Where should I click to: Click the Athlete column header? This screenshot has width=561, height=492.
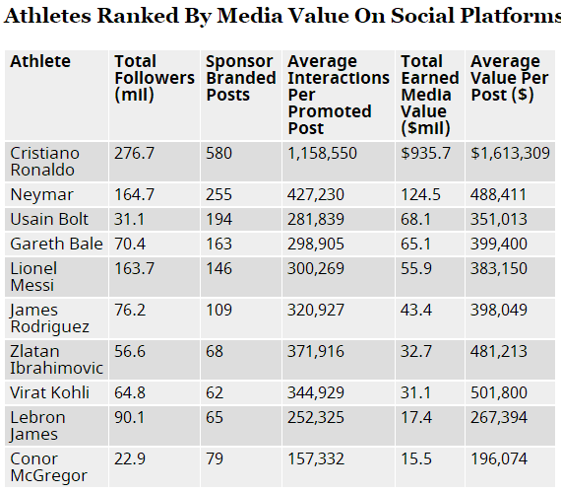pyautogui.click(x=40, y=61)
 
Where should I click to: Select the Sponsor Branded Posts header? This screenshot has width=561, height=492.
pyautogui.click(x=241, y=78)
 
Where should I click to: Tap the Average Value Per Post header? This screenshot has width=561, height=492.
pyautogui.click(x=510, y=78)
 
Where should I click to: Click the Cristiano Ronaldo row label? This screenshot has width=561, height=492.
pyautogui.click(x=44, y=162)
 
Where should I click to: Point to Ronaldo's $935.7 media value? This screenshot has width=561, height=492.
pyautogui.click(x=425, y=153)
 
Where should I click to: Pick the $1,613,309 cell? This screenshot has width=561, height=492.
pyautogui.click(x=510, y=153)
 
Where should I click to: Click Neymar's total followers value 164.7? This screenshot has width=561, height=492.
pyautogui.click(x=134, y=194)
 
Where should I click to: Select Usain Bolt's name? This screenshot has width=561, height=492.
pyautogui.click(x=49, y=219)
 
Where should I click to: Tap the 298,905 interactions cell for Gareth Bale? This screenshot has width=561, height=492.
pyautogui.click(x=316, y=244)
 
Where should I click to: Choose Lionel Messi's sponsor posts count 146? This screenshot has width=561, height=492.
pyautogui.click(x=218, y=268)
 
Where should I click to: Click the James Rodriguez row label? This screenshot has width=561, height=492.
pyautogui.click(x=49, y=318)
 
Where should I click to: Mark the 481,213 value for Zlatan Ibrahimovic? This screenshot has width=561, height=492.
pyautogui.click(x=499, y=351)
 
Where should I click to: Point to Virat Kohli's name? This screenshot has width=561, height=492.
pyautogui.click(x=49, y=392)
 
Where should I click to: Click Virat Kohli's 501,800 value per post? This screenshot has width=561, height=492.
pyautogui.click(x=499, y=392)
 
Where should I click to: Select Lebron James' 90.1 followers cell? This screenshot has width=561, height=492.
pyautogui.click(x=130, y=417)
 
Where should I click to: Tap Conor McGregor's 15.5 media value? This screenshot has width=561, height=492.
pyautogui.click(x=416, y=458)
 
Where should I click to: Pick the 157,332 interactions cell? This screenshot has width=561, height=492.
pyautogui.click(x=316, y=458)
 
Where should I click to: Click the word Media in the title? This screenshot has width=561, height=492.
pyautogui.click(x=250, y=16)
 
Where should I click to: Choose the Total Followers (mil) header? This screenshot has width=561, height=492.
pyautogui.click(x=155, y=78)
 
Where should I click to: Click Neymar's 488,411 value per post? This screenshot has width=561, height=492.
pyautogui.click(x=498, y=194)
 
